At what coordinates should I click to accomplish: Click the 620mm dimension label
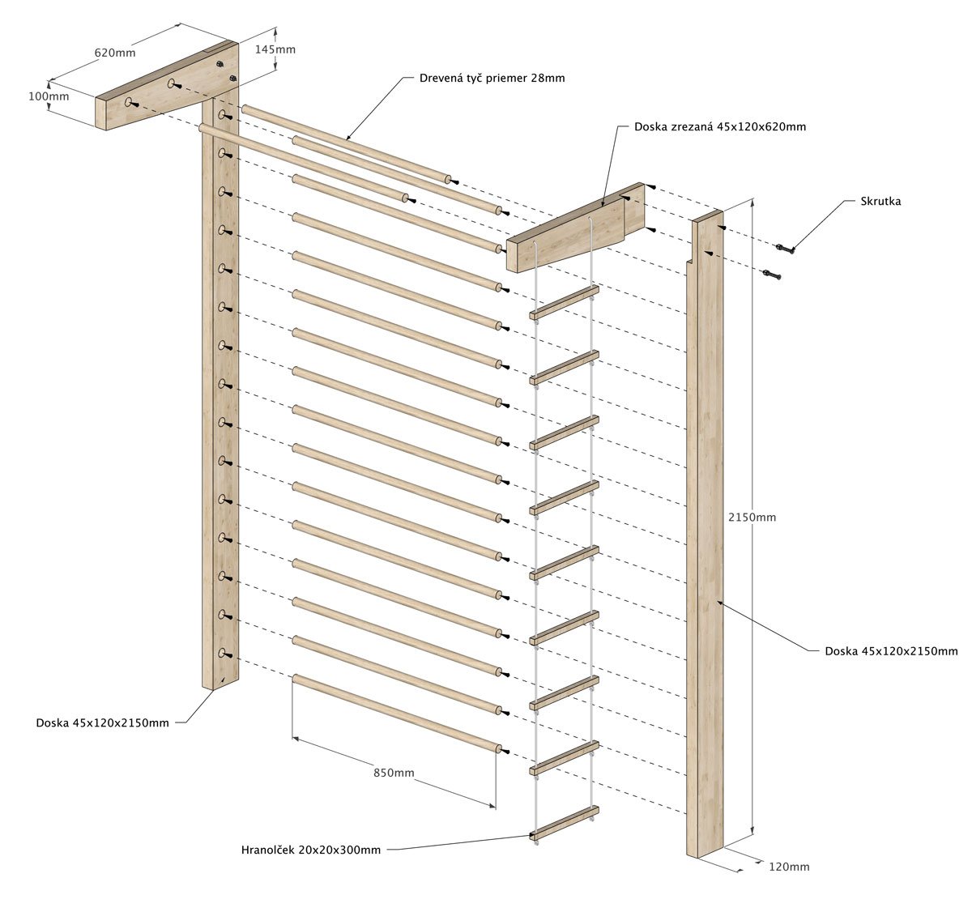tap(115, 53)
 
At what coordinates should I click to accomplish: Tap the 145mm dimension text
tap(275, 49)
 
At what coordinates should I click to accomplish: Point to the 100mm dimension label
tap(49, 96)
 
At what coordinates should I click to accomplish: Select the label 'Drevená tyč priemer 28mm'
tap(492, 79)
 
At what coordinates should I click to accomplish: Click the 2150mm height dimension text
tap(752, 517)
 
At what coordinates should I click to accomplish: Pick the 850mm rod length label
tap(394, 773)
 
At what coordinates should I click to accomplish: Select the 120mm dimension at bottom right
tap(788, 867)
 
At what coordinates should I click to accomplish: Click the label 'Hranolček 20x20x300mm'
tap(310, 850)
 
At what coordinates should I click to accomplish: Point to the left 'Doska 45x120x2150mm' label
tap(102, 722)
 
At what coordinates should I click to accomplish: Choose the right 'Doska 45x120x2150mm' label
tap(891, 650)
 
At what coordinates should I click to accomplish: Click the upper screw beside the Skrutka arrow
tap(784, 249)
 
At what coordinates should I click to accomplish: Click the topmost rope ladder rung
tap(565, 301)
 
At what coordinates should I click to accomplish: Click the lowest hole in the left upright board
tap(222, 652)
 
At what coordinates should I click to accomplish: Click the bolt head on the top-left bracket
tap(232, 79)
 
